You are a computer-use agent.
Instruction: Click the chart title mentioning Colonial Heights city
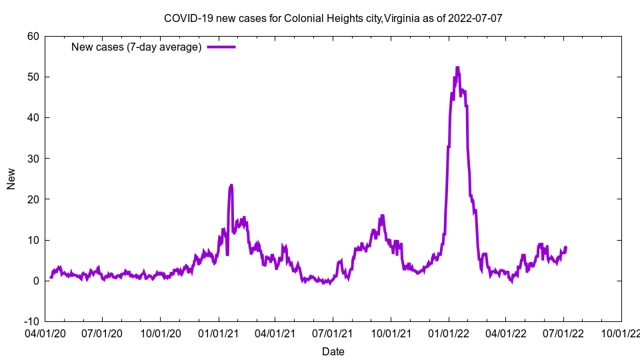(333, 18)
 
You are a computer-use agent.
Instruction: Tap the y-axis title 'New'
(11, 179)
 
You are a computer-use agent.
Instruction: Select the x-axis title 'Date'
(333, 351)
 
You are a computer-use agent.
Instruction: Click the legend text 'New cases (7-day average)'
(137, 47)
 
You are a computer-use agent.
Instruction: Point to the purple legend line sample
(221, 47)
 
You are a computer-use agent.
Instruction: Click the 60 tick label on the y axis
(33, 36)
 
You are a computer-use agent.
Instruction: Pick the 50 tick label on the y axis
(33, 77)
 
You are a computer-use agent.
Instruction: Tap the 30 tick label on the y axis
(33, 159)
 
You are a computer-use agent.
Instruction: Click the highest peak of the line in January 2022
(457, 67)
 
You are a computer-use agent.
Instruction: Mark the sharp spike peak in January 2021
(231, 185)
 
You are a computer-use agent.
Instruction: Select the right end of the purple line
(566, 248)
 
